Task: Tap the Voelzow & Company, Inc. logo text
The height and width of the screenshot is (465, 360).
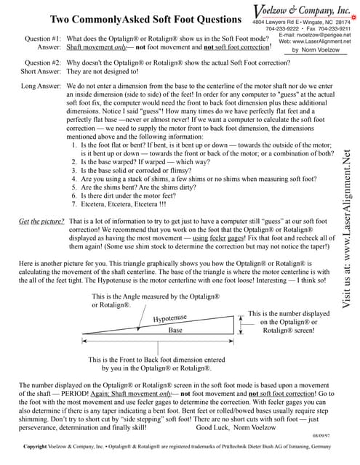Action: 301,10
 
